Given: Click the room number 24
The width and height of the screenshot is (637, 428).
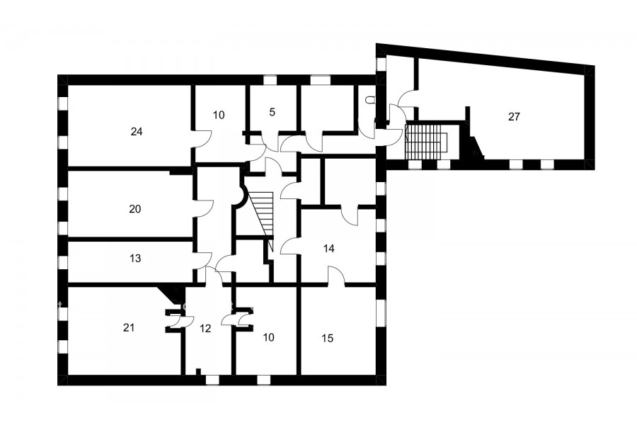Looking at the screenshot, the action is coord(137,131).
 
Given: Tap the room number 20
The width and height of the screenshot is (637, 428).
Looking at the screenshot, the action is coord(135,209).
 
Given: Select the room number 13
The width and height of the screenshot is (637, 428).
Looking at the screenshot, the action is coord(135,259).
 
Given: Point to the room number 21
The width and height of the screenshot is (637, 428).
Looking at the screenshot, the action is coord(129,327).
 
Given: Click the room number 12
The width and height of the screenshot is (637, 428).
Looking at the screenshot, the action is coord(205,328).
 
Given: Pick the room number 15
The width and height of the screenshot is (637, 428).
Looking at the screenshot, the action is coord(328,338).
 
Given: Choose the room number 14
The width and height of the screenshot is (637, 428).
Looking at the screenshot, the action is coord(328,249).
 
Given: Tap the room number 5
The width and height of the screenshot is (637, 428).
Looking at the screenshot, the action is coord(272,112).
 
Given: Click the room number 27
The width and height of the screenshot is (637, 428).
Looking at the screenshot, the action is coord(514,117).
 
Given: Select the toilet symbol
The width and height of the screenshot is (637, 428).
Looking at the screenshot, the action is coord(369,99).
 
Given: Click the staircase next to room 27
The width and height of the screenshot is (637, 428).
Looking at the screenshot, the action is coord(425,142).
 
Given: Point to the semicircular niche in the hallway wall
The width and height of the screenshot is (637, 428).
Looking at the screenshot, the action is coord(243,196).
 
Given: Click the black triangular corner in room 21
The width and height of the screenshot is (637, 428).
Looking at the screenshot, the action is coord(170,292).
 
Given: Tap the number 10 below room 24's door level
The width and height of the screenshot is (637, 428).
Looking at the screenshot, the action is coord(268,337).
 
